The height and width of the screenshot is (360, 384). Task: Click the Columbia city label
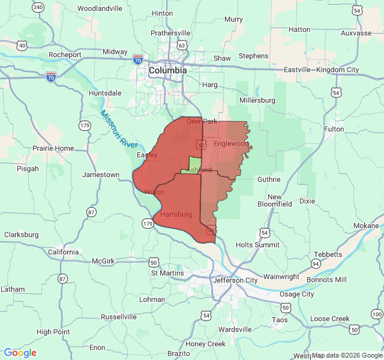tap(167, 70)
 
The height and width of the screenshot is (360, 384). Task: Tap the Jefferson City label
tap(235, 280)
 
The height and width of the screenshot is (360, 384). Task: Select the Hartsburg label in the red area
tap(176, 214)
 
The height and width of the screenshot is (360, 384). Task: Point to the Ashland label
tap(199, 170)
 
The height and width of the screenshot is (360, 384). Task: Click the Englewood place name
tap(231, 144)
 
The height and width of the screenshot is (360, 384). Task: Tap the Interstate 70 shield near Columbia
tap(137, 59)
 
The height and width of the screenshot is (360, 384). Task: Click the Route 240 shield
tap(38, 7)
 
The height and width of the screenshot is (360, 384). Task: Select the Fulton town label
tap(334, 129)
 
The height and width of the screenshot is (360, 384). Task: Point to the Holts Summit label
tap(257, 245)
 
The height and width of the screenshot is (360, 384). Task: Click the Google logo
tap(20, 353)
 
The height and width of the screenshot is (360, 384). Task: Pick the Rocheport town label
tap(65, 55)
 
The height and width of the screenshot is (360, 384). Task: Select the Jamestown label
tap(100, 175)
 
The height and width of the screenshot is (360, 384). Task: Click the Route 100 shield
tap(376, 314)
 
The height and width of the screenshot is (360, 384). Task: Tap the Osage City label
tap(297, 294)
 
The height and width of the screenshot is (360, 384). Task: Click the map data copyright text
tap(347, 355)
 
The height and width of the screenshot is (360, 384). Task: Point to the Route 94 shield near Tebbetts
tap(315, 263)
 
